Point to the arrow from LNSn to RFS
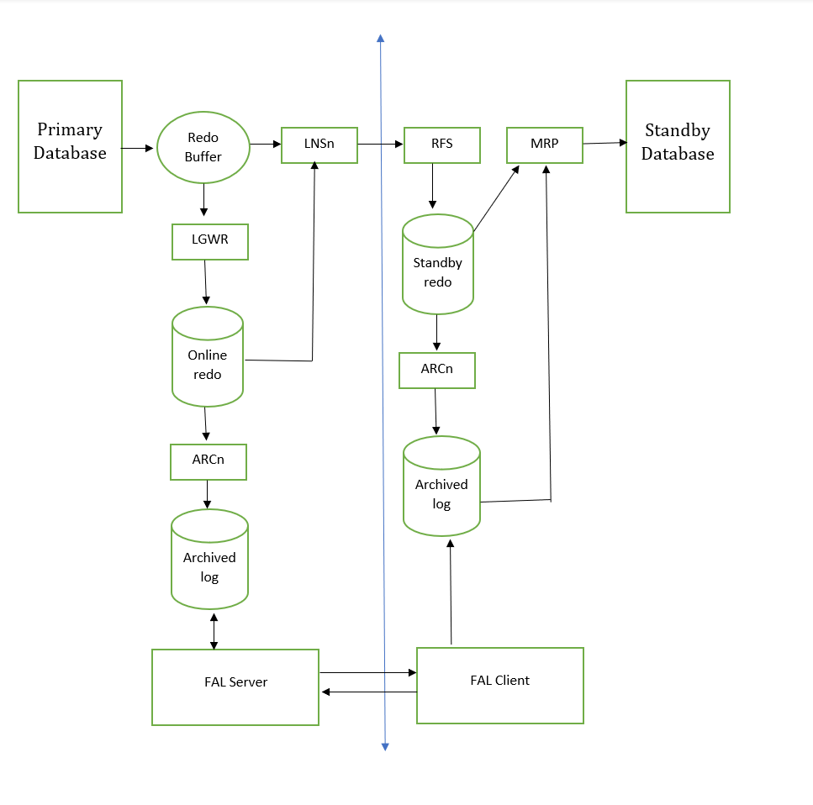380,144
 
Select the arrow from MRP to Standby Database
605,143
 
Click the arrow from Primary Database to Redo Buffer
137,148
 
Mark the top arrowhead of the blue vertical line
381,38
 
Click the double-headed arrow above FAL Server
214,631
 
